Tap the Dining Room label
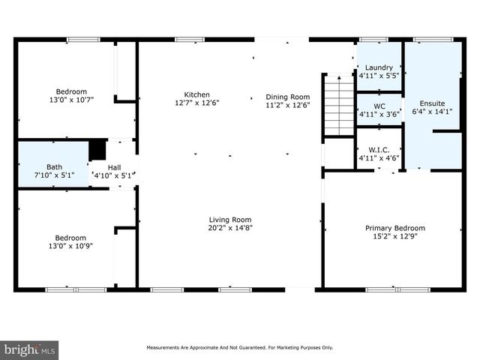coord(287,97)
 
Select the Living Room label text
coord(229,219)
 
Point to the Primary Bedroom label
coord(394,228)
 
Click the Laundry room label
coord(379,67)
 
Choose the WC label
coord(379,106)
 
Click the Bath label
coord(54,167)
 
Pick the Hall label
coord(114,167)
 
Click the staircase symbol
coord(338,105)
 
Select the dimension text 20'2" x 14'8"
coord(229,228)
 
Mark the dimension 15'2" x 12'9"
coord(394,237)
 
